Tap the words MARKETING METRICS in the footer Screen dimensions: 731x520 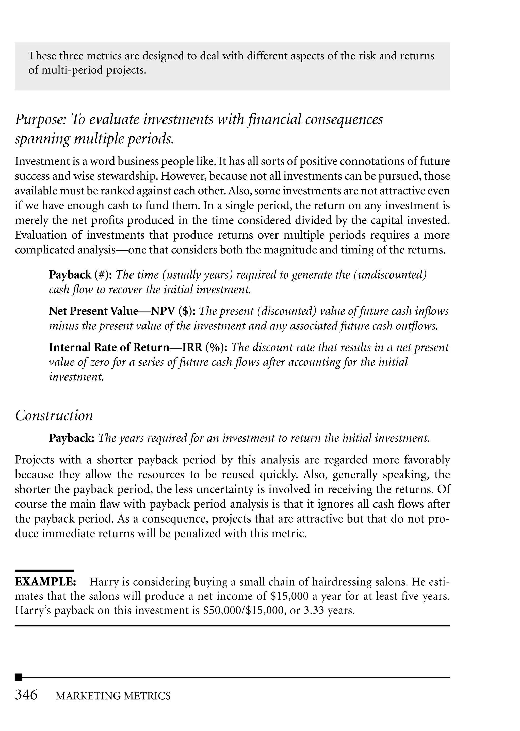point(113,696)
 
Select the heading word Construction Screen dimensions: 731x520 point(54,416)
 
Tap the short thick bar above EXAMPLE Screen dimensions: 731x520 point(44,571)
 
